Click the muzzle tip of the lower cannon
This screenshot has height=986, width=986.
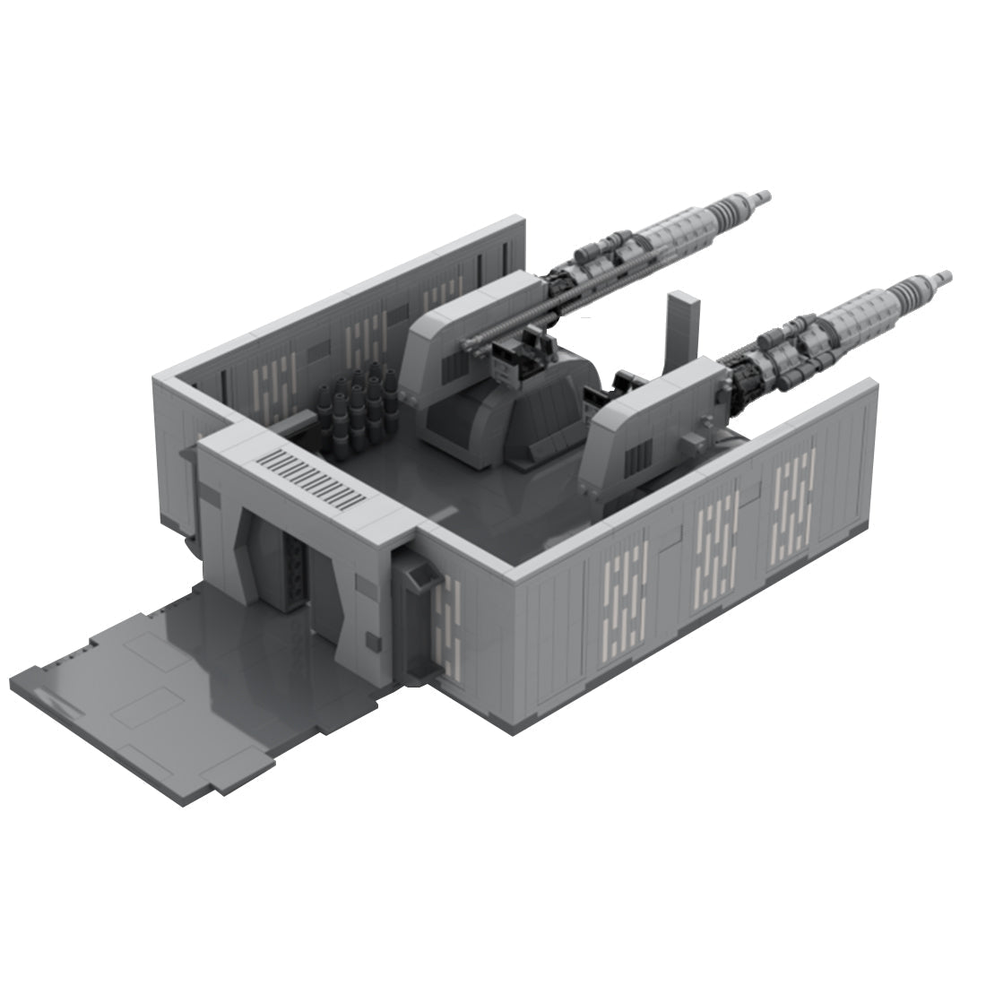[x=941, y=279]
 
